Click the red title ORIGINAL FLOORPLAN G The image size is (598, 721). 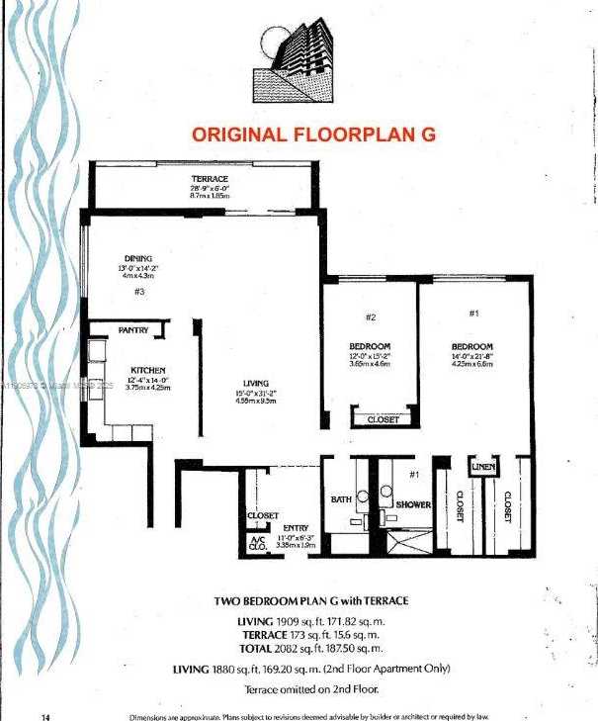point(313,135)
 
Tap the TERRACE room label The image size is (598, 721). point(210,179)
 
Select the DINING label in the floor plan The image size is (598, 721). point(137,258)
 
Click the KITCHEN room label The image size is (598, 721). point(147,372)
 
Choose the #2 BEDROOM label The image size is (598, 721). point(370,346)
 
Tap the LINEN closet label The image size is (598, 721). point(482,467)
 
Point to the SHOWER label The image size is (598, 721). point(413,504)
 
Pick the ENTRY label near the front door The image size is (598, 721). point(296,528)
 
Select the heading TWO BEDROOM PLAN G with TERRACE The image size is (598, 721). point(311,600)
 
